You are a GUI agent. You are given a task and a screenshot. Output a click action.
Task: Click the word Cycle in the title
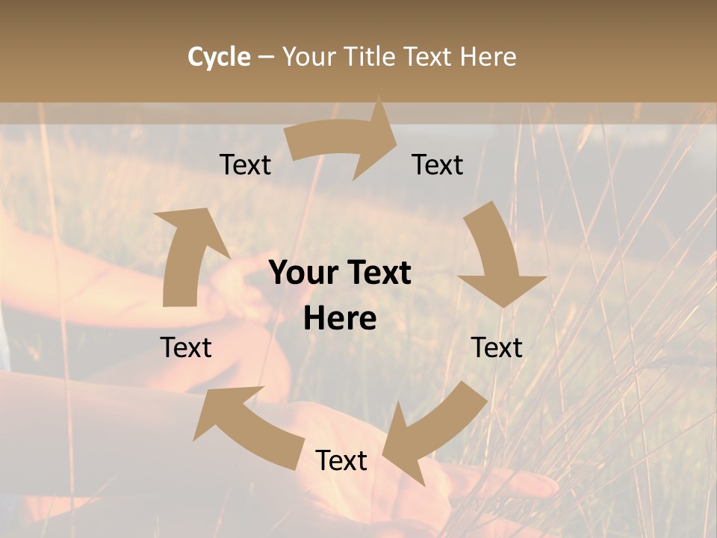[219, 57]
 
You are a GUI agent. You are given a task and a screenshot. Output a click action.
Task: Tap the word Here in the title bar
[488, 57]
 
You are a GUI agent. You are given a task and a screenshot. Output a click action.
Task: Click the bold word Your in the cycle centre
[302, 273]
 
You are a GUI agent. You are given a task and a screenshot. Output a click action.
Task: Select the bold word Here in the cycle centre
[340, 319]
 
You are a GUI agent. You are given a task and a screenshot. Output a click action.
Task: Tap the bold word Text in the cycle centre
[376, 273]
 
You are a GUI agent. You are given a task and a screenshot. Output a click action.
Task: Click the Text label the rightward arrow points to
[438, 164]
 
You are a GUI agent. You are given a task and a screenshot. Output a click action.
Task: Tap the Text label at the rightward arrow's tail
[246, 164]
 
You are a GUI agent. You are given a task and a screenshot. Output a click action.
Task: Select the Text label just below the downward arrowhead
[497, 347]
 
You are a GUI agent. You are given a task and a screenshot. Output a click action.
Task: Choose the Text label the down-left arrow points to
[341, 460]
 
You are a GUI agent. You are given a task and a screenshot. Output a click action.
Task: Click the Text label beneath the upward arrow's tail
[186, 347]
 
